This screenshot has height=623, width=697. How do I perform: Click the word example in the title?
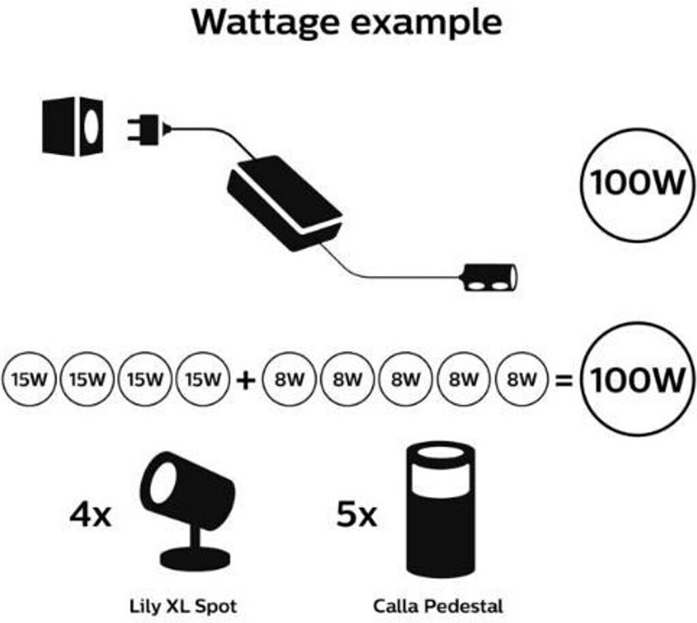click(427, 23)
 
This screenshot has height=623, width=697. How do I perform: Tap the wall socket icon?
click(73, 126)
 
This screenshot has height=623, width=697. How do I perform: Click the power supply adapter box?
click(285, 203)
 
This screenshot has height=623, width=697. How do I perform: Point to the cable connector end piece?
click(490, 277)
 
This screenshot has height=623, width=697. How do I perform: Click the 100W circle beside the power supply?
click(637, 185)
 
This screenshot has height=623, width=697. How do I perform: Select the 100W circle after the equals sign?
click(637, 380)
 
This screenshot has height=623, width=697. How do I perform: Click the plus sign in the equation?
click(246, 380)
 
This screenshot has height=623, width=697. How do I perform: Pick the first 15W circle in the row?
click(29, 380)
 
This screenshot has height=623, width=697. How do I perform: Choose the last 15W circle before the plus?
click(203, 380)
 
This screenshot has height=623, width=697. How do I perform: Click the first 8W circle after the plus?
click(289, 380)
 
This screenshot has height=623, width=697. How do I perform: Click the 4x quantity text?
click(91, 515)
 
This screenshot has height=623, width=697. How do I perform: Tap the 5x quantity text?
click(357, 514)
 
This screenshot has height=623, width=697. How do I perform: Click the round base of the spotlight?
click(195, 560)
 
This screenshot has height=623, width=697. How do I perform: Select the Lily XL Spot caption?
click(183, 606)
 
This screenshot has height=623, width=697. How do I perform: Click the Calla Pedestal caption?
click(438, 606)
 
